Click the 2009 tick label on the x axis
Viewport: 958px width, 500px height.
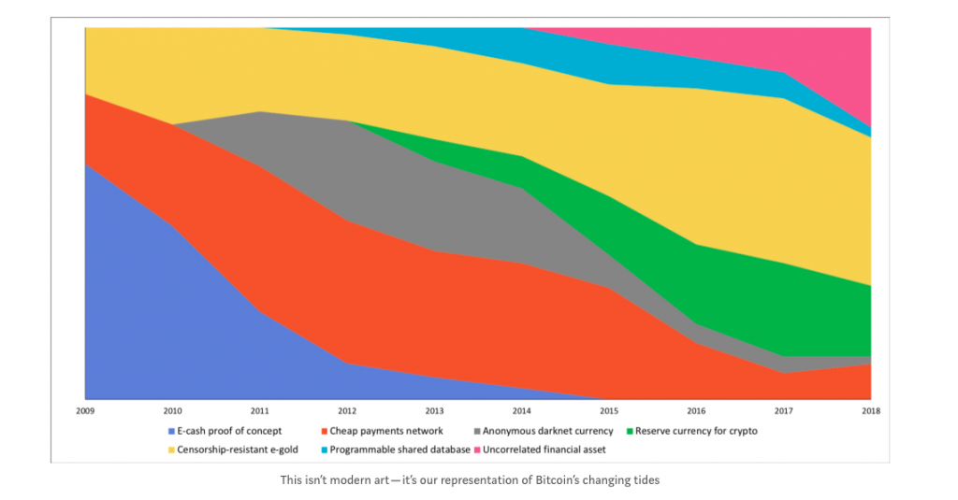point(85,410)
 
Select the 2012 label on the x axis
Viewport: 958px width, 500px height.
point(347,410)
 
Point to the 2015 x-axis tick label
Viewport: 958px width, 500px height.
point(609,410)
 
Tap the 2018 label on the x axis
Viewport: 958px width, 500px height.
point(871,410)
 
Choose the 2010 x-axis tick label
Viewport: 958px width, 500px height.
point(172,410)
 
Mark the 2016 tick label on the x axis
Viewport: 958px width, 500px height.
point(696,410)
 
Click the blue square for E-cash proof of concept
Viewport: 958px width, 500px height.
point(170,432)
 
